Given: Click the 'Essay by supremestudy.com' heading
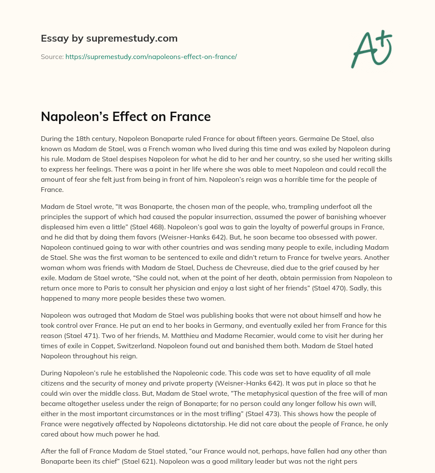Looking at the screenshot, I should coord(109,39).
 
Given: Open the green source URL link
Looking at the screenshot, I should coord(151,56).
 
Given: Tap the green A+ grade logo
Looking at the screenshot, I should coord(371,49).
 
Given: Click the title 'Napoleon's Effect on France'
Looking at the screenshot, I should coord(126,116).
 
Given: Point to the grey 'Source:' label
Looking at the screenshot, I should coord(52,56).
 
